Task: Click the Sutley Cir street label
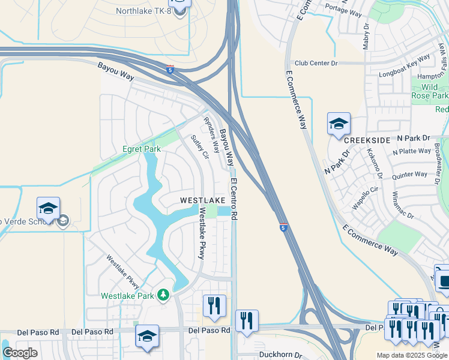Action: click(x=199, y=147)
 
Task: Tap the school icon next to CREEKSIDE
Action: click(x=338, y=124)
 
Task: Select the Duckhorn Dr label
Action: click(x=281, y=355)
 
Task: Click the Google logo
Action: click(x=20, y=352)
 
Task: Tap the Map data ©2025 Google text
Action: click(x=412, y=355)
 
